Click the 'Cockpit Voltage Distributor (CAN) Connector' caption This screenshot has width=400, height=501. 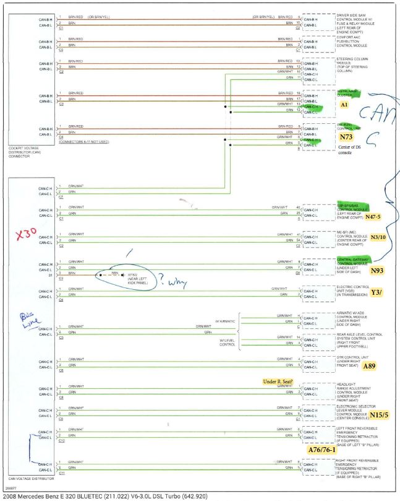(27, 153)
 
